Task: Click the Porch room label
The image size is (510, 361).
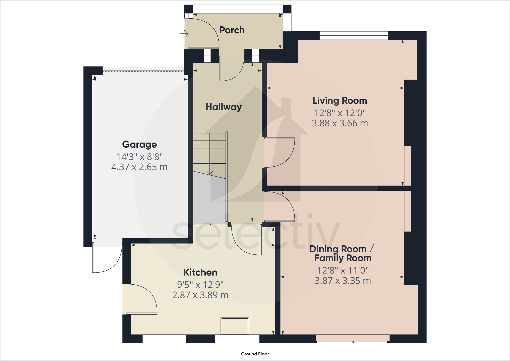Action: [x=232, y=30]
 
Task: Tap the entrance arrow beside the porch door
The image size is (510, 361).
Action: [x=184, y=33]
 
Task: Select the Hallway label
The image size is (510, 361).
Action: [x=223, y=107]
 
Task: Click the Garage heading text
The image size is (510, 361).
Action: [x=139, y=144]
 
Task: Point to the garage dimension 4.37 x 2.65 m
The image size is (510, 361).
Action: [x=139, y=167]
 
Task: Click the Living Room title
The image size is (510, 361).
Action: [x=340, y=101]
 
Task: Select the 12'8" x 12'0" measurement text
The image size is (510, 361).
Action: [x=340, y=113]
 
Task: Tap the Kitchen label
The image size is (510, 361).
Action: [x=200, y=272]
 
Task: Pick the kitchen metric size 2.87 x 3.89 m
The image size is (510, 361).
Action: [x=200, y=295]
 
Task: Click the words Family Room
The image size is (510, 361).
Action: [x=343, y=258]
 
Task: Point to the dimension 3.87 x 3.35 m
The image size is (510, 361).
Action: [x=343, y=281]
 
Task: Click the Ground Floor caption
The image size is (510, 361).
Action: [x=255, y=354]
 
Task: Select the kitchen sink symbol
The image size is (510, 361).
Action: [x=235, y=326]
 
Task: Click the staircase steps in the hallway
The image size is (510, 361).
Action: [x=209, y=152]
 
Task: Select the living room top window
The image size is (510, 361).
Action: [x=354, y=36]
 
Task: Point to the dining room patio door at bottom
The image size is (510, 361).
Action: [x=353, y=339]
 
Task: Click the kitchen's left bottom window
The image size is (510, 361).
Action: [x=164, y=339]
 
